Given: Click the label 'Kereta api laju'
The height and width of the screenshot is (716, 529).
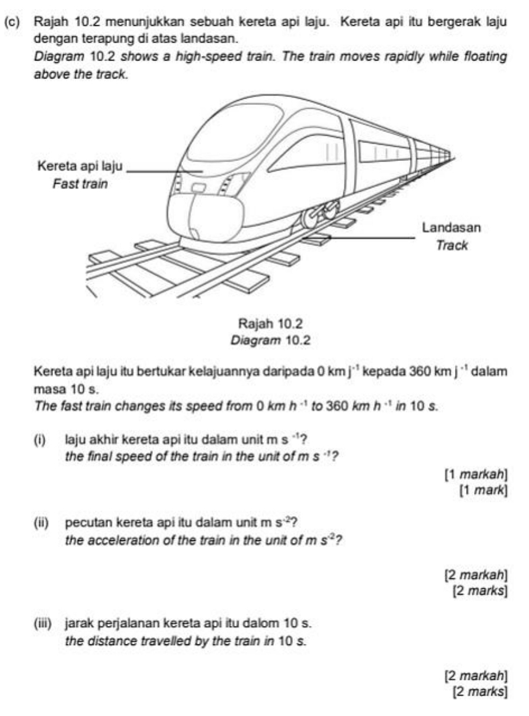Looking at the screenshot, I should point(81,167).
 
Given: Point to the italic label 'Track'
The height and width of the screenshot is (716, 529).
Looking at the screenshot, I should point(453,245).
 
